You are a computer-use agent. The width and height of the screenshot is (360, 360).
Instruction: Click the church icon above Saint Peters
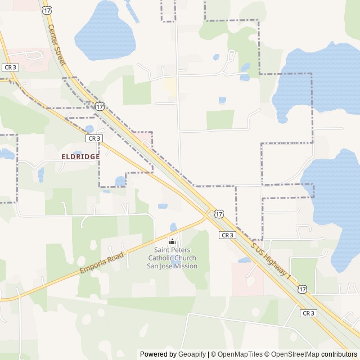(172, 242)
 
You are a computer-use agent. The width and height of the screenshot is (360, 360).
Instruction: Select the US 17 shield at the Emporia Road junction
(219, 214)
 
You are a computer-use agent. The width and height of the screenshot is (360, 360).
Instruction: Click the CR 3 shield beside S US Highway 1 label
(227, 235)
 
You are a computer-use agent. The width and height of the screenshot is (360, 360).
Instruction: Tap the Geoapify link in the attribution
(192, 354)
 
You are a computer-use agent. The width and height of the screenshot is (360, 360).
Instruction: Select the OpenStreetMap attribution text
(292, 354)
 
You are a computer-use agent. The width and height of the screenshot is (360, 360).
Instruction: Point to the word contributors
(339, 354)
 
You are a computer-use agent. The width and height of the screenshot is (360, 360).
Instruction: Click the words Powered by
(158, 354)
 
